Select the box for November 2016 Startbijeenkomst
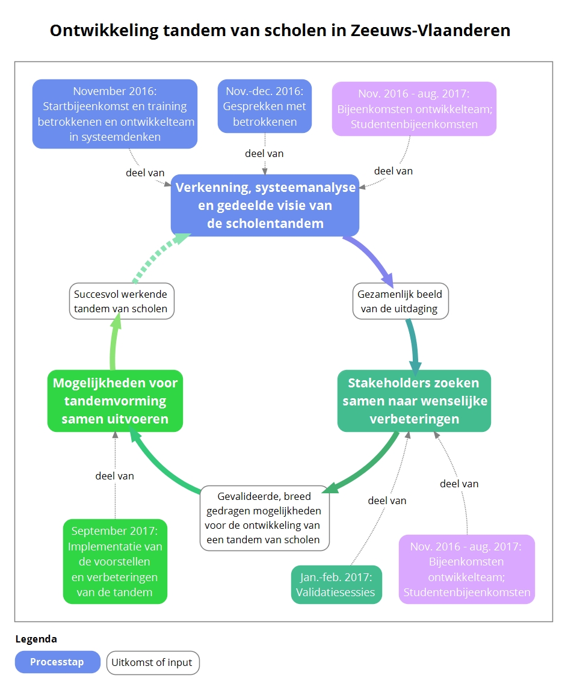click(x=115, y=114)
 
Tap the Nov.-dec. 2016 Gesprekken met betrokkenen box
click(x=265, y=106)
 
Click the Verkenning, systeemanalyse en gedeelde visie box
click(x=265, y=205)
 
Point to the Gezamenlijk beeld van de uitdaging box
click(x=400, y=302)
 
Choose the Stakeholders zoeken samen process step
click(x=414, y=401)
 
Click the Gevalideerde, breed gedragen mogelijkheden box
click(x=265, y=518)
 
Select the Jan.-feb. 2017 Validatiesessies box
click(x=336, y=585)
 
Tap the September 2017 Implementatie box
click(x=115, y=561)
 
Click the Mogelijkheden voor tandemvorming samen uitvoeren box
click(x=115, y=401)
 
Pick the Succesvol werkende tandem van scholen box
click(x=121, y=301)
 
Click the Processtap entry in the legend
click(x=57, y=662)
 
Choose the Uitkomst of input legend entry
click(x=153, y=662)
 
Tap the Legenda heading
click(x=36, y=639)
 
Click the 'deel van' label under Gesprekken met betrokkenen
click(x=264, y=153)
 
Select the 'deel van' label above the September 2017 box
click(x=114, y=476)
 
